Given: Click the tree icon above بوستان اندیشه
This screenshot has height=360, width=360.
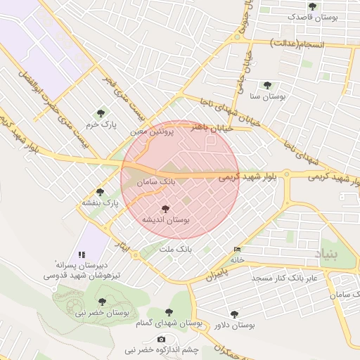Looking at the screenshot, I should click(x=166, y=209).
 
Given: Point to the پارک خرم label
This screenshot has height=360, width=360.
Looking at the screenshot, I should click(x=98, y=124).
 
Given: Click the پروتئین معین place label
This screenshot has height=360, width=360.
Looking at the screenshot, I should click(x=150, y=131).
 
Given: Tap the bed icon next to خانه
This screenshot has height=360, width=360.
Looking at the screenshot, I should click(x=237, y=250).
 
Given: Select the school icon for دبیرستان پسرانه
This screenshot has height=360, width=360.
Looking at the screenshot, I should click(x=82, y=254).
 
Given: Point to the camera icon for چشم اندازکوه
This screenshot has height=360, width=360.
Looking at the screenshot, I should click(x=162, y=340).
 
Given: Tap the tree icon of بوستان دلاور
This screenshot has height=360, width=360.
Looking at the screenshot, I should click(x=234, y=314).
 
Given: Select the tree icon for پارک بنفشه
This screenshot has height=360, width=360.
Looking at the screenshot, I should click(x=99, y=191).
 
